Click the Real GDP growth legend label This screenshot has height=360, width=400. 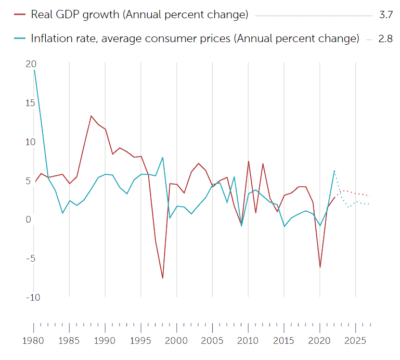click(139, 15)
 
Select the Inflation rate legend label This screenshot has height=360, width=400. click(195, 38)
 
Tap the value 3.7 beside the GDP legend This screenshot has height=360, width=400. click(385, 15)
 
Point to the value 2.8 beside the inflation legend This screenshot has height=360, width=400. click(385, 38)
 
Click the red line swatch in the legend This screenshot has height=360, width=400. click(19, 15)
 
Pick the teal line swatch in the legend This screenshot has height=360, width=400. click(19, 38)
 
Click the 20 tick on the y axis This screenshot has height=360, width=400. click(31, 63)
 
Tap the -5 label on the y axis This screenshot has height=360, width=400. click(31, 258)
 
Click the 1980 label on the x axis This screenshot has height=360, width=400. click(34, 341)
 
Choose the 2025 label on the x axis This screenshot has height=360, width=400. click(355, 341)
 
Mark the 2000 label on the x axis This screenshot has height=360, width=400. click(177, 341)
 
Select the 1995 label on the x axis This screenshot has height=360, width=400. click(141, 341)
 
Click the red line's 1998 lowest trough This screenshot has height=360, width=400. click(162, 278)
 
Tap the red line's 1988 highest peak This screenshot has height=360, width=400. click(91, 115)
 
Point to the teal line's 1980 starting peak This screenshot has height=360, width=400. click(34, 70)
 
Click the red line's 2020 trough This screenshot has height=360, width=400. click(320, 267)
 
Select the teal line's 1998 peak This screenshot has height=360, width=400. click(162, 157)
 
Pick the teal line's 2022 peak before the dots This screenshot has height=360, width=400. click(334, 170)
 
